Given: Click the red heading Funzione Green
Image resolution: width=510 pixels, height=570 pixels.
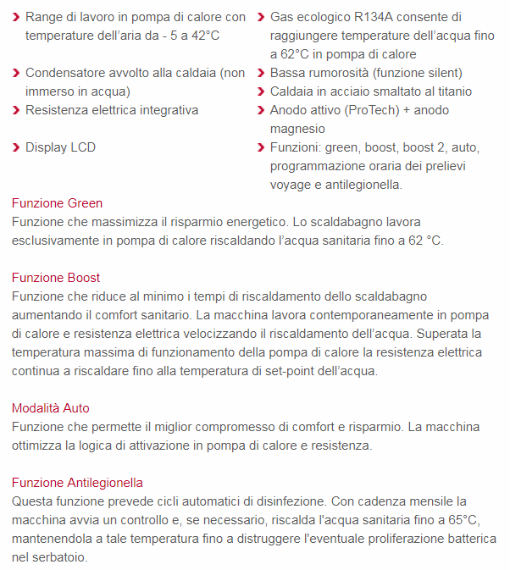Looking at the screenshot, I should [57, 203].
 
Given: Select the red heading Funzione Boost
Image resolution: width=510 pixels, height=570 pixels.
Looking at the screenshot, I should [56, 278].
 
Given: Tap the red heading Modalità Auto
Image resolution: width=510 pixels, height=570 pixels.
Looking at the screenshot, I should [51, 408].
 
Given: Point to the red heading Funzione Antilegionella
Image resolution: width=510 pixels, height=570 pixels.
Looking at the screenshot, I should [77, 483].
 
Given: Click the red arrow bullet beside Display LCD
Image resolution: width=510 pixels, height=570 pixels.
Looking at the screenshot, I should [16, 147].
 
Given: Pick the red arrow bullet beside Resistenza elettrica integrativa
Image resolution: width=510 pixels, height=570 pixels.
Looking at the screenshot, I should [16, 110].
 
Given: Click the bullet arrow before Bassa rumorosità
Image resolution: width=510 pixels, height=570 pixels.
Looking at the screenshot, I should [261, 73].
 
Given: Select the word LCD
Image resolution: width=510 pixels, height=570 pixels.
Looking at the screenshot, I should [82, 147].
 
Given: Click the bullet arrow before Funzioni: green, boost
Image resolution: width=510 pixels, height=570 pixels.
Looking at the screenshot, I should [261, 147].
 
